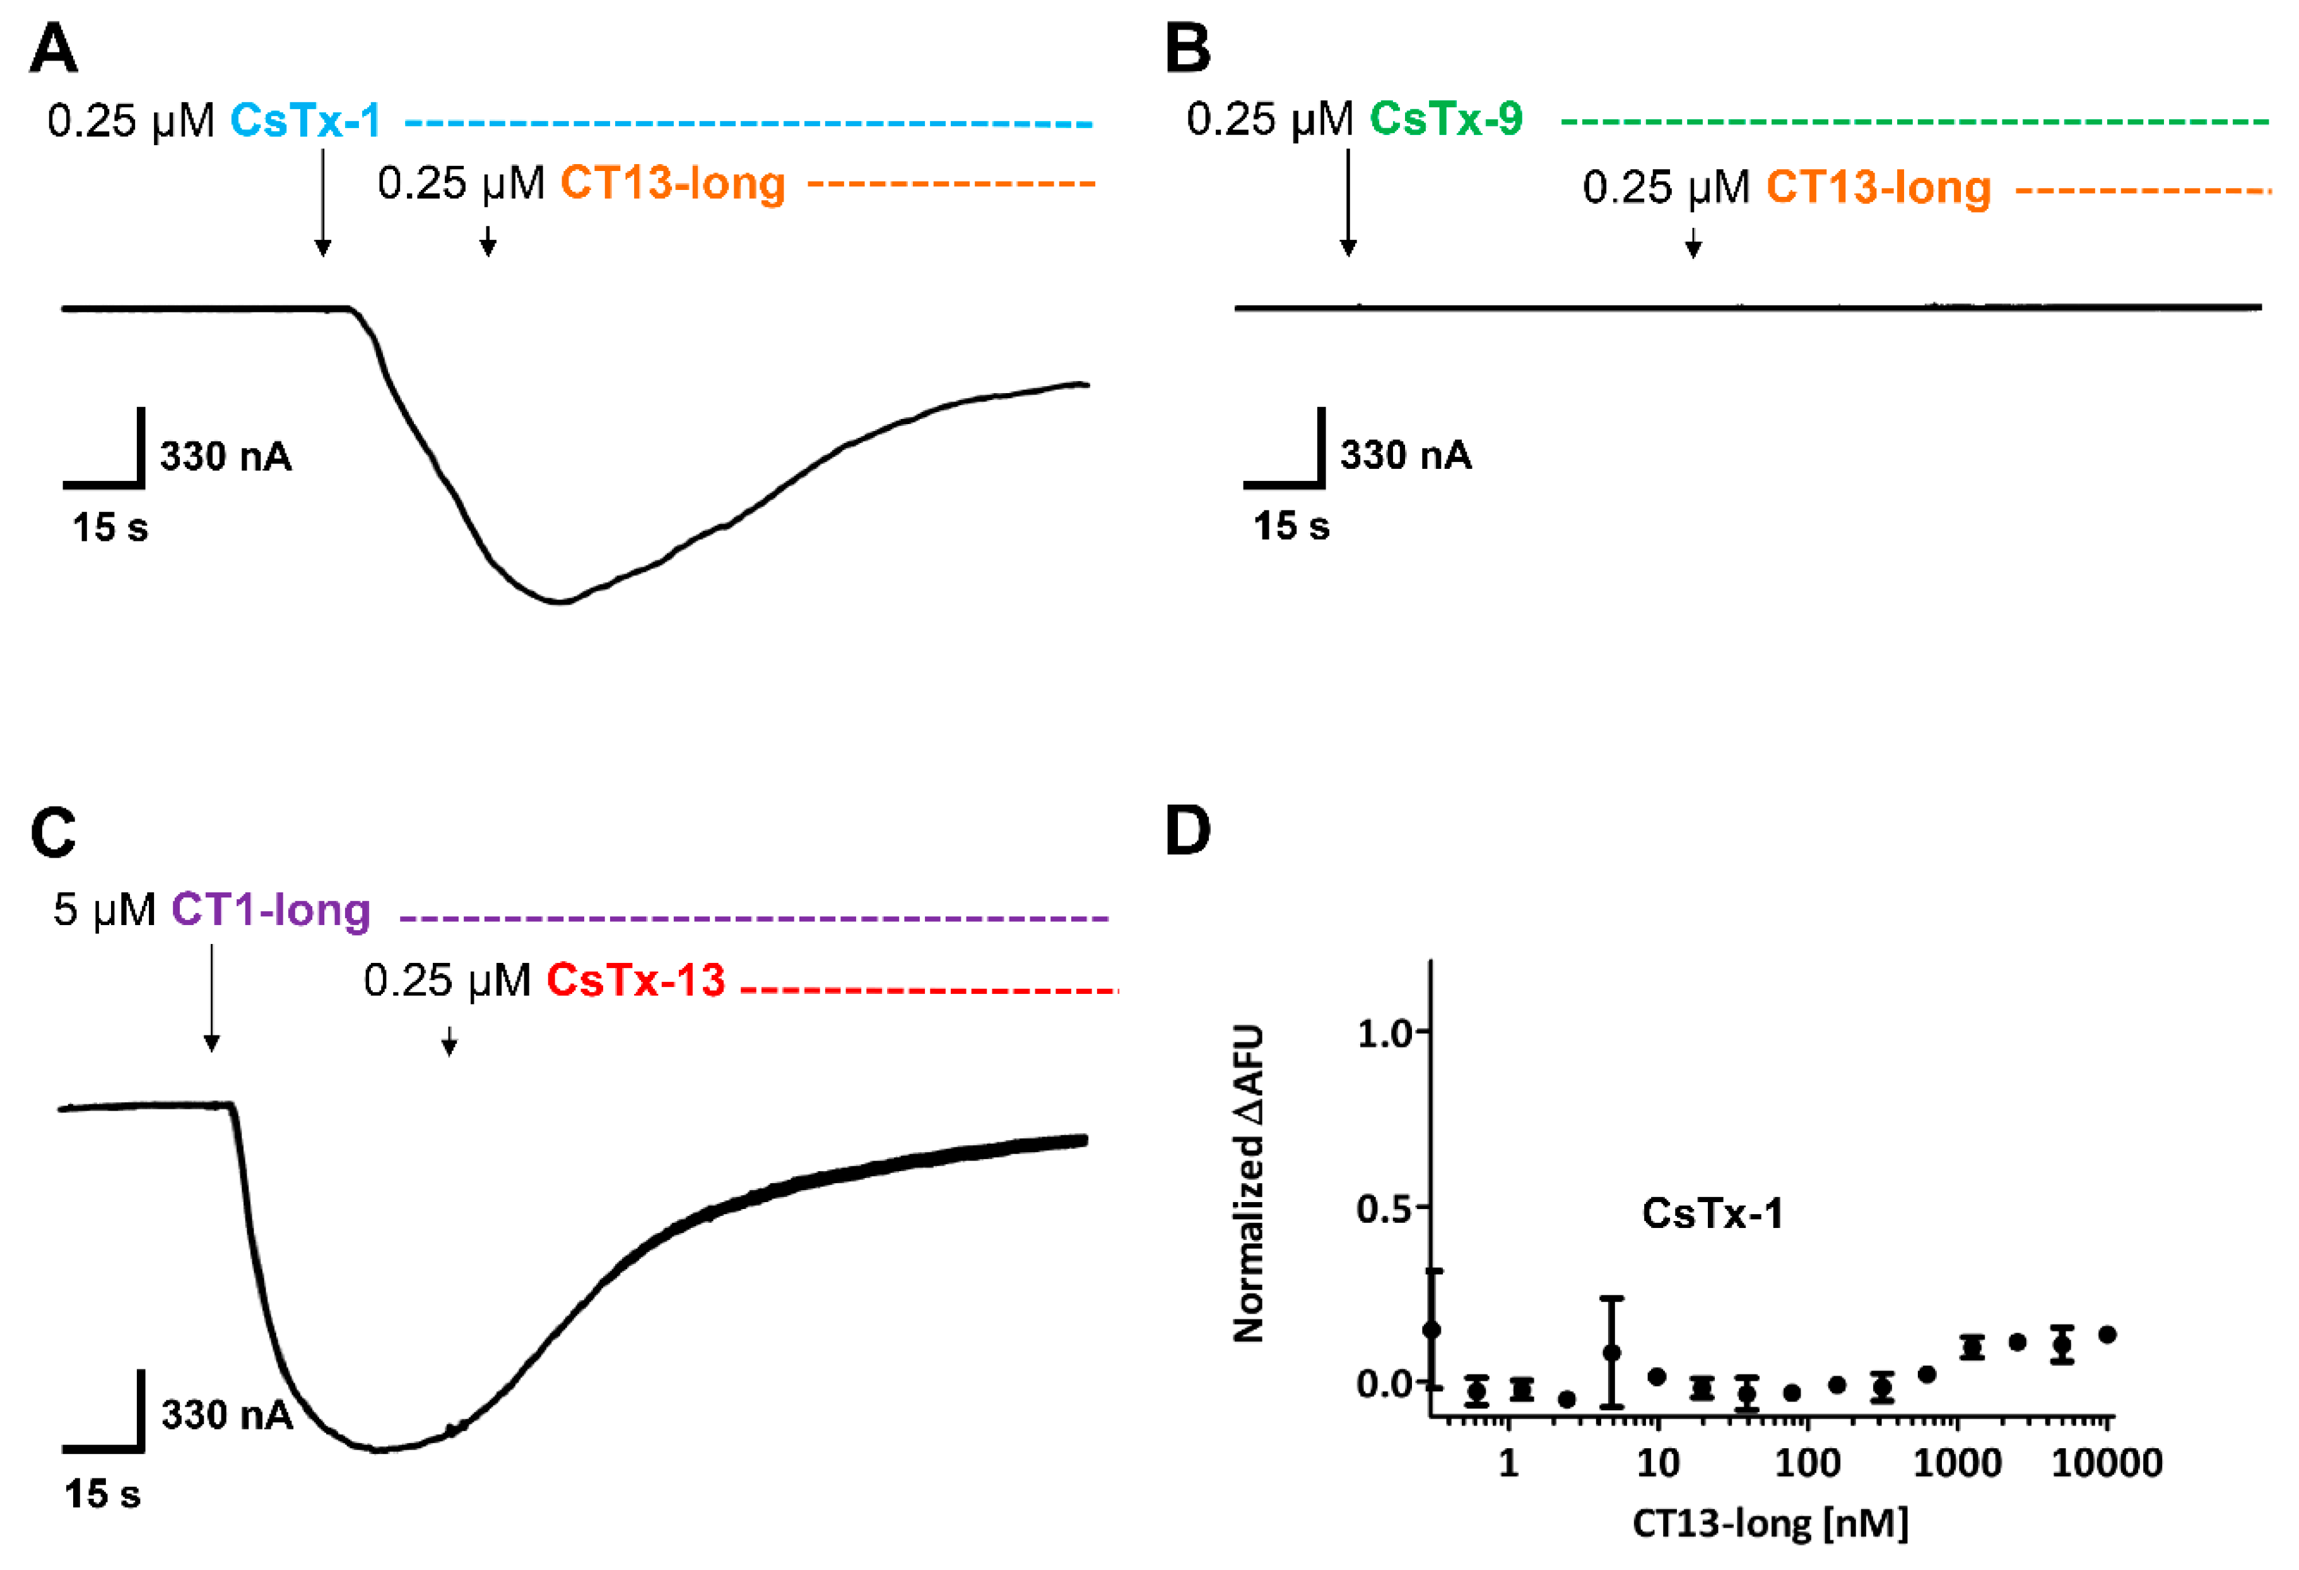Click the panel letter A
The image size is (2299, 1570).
(54, 47)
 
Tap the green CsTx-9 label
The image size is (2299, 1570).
(1445, 119)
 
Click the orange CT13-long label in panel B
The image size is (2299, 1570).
(1878, 187)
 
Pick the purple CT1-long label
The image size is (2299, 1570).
(270, 909)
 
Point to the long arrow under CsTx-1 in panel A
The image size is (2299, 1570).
(322, 203)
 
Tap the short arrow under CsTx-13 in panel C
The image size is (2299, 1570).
(449, 1042)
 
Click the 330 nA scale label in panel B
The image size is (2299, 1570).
(1405, 455)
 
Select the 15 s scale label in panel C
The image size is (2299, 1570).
(102, 1494)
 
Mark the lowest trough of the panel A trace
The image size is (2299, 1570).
(560, 601)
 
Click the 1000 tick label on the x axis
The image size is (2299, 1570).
(1956, 1462)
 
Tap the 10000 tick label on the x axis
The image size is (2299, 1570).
(2106, 1462)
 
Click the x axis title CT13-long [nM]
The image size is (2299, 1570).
(1770, 1523)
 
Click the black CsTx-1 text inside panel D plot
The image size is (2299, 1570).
(1712, 1213)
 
